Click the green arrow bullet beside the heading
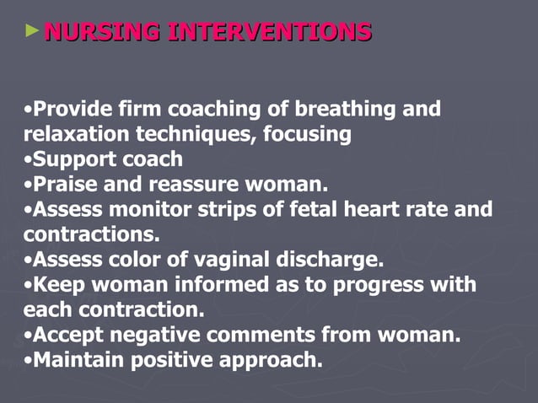click(32, 31)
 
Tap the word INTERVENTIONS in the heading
click(270, 33)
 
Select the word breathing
click(353, 110)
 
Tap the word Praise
click(62, 184)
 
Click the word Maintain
click(76, 359)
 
